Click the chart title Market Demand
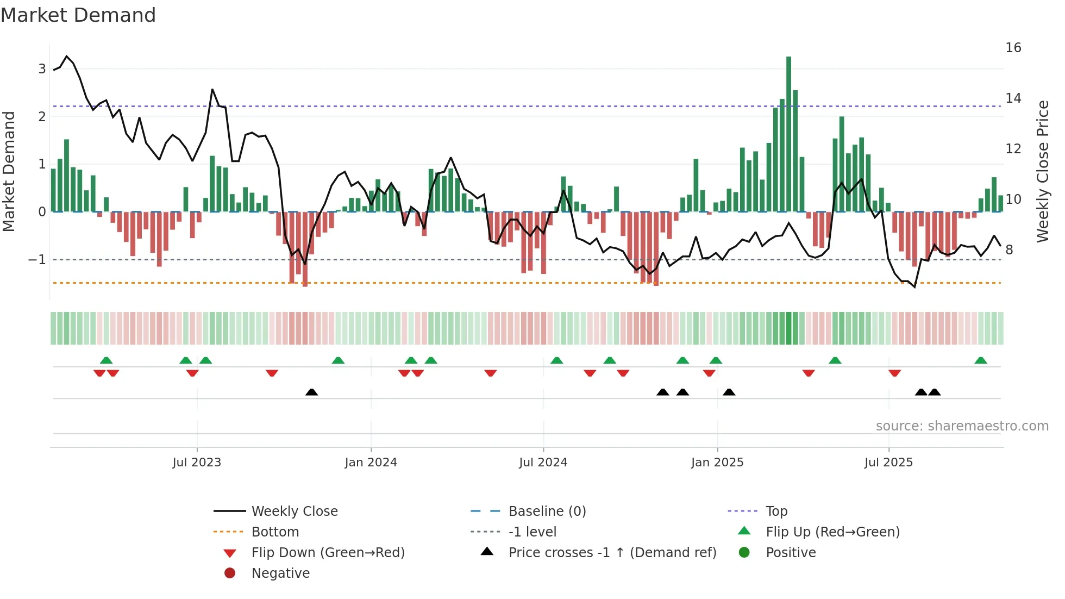pos(78,15)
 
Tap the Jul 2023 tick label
pos(197,463)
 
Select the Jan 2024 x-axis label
pos(371,463)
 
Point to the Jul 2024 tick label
pos(543,463)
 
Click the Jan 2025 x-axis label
pos(717,463)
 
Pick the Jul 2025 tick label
pos(889,463)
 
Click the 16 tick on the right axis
pos(1013,48)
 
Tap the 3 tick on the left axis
pos(42,69)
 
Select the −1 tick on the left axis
pos(37,260)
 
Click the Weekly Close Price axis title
pos(1042,171)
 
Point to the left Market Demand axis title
pos(9,171)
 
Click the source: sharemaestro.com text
pos(962,426)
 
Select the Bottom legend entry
pos(275,532)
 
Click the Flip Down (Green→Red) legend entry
pos(328,553)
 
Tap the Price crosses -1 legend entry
pos(612,553)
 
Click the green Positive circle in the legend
pos(744,553)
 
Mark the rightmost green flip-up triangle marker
pos(981,360)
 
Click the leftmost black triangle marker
pos(311,392)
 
